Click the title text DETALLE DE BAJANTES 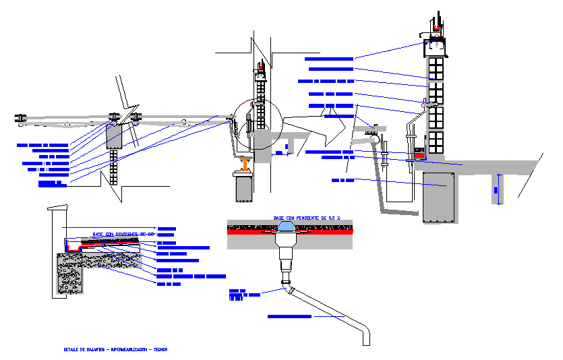click(x=84, y=350)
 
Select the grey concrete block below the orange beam click(x=243, y=187)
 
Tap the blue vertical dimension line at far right click(x=498, y=189)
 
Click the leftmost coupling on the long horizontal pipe click(x=20, y=118)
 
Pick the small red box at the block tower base click(x=420, y=156)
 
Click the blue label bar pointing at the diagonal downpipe click(x=290, y=316)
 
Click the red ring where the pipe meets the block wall click(x=424, y=104)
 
